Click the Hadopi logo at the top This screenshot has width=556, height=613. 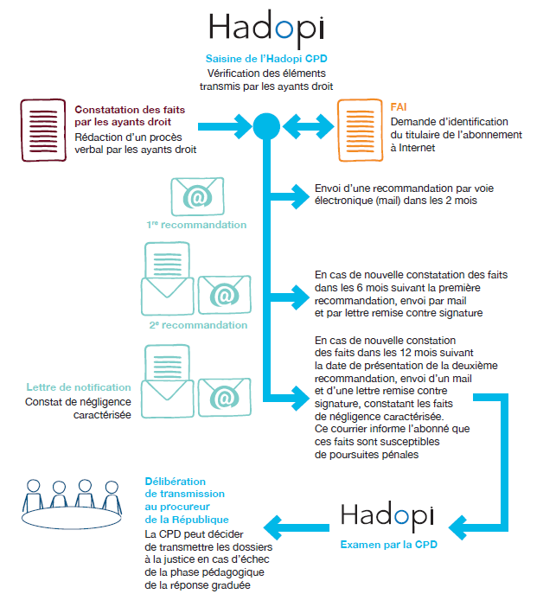(x=267, y=27)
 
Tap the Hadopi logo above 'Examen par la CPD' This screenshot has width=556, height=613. (x=387, y=515)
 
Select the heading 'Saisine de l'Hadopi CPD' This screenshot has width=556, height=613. (x=266, y=59)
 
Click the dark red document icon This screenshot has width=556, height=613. (x=43, y=130)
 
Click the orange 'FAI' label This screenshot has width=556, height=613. (x=399, y=107)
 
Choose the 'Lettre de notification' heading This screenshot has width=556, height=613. (x=79, y=387)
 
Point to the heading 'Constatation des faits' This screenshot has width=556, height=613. (x=130, y=110)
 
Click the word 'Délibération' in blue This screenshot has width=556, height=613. (x=176, y=481)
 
